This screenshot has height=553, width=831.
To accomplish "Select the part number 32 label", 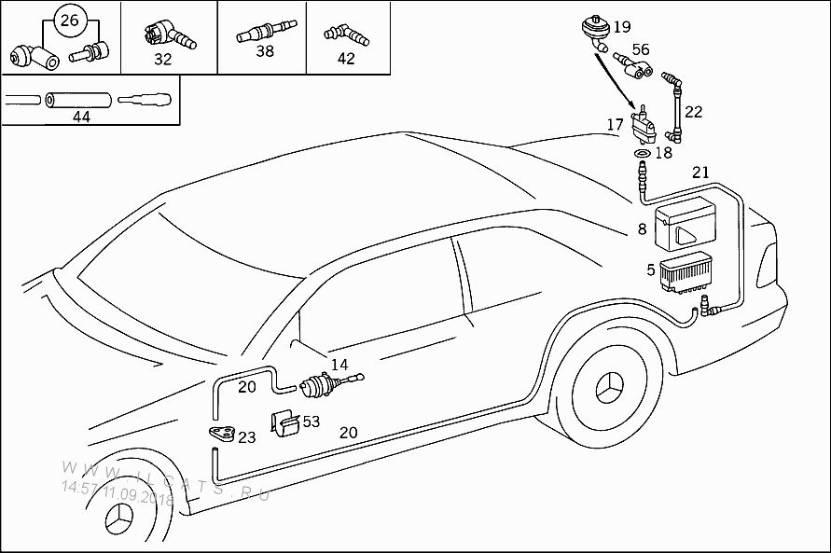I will (163, 58).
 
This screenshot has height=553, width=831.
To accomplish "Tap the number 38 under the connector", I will (265, 51).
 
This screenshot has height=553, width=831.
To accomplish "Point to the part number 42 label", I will (346, 58).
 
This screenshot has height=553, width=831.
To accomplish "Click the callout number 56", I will (641, 49).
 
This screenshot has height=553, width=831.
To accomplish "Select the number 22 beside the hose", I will (693, 111).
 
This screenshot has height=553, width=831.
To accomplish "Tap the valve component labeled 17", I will (642, 125).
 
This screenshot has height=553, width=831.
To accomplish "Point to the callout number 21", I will (699, 172).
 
